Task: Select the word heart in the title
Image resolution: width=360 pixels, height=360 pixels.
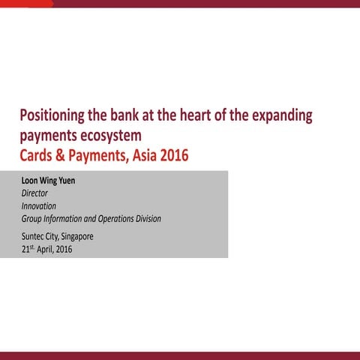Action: tap(199, 116)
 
